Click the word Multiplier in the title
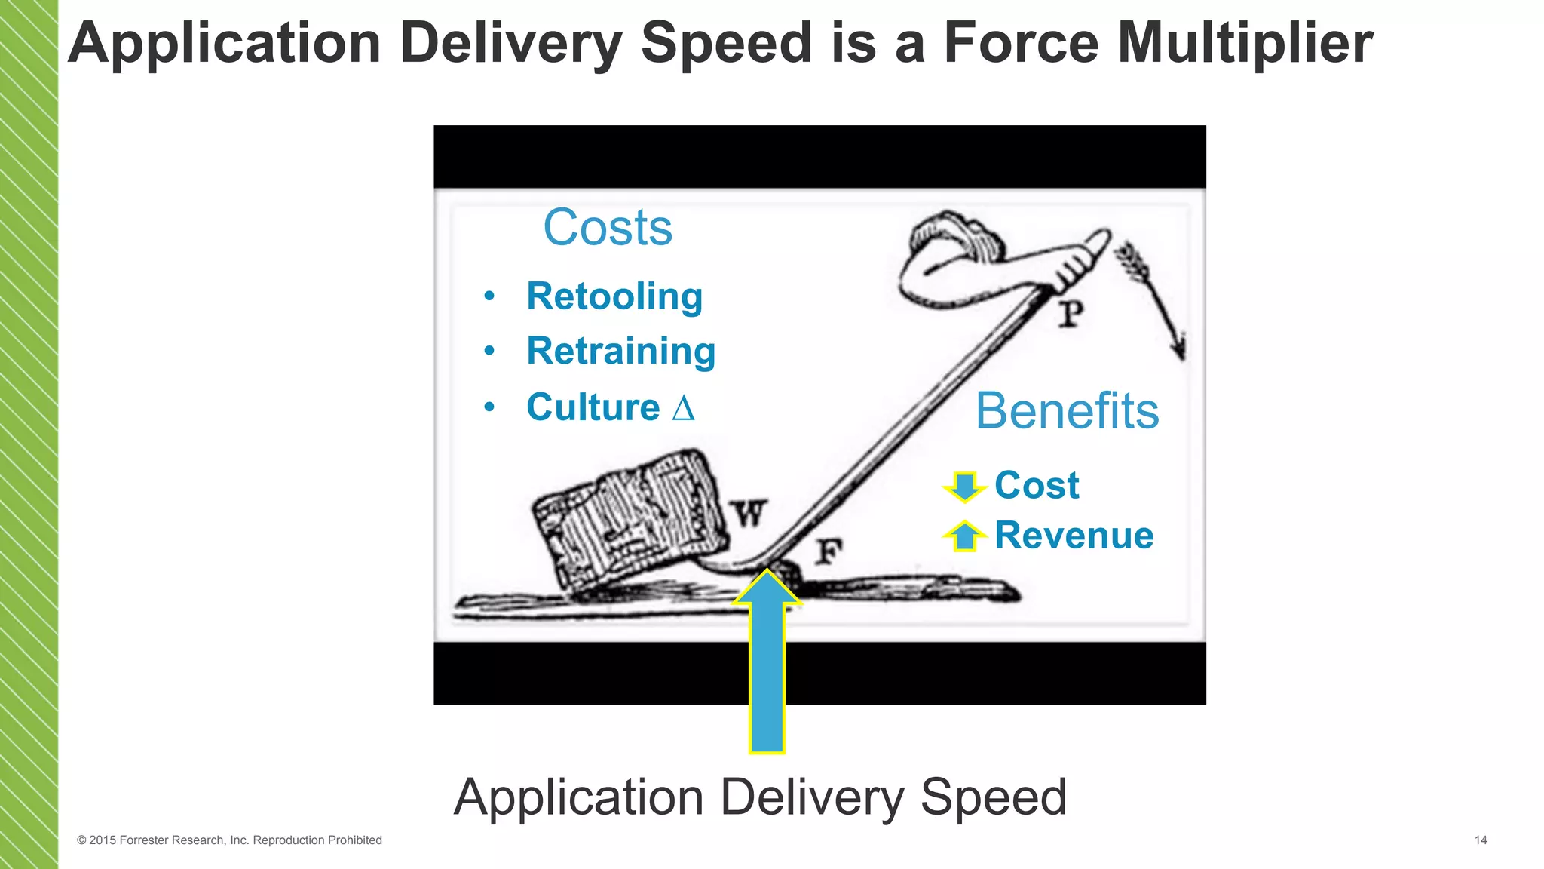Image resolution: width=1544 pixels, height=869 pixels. pos(1245,43)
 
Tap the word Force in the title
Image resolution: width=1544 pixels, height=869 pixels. pos(1022,43)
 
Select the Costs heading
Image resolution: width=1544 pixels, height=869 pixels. pos(608,227)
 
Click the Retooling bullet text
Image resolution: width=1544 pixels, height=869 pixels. pos(614,296)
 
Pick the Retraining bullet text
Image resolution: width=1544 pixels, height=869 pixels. pos(621,351)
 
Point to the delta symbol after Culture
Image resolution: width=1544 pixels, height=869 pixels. pos(683,408)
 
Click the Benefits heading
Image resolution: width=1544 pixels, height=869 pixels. pos(1067,411)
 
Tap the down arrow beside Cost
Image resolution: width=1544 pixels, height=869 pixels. pos(964,486)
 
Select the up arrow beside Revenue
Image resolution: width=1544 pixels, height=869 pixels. pos(964,536)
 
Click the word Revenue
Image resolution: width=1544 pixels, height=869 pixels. pos(1074,536)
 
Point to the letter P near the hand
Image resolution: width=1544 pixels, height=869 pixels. pos(1071,314)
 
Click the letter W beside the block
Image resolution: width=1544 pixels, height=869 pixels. pos(749,514)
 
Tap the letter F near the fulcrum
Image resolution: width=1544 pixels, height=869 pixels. pos(829,552)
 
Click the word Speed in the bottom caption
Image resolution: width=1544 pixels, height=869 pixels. pos(993,797)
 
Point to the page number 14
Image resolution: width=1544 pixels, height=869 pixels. pos(1481,840)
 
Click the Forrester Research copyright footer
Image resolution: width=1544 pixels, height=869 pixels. pos(229,840)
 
